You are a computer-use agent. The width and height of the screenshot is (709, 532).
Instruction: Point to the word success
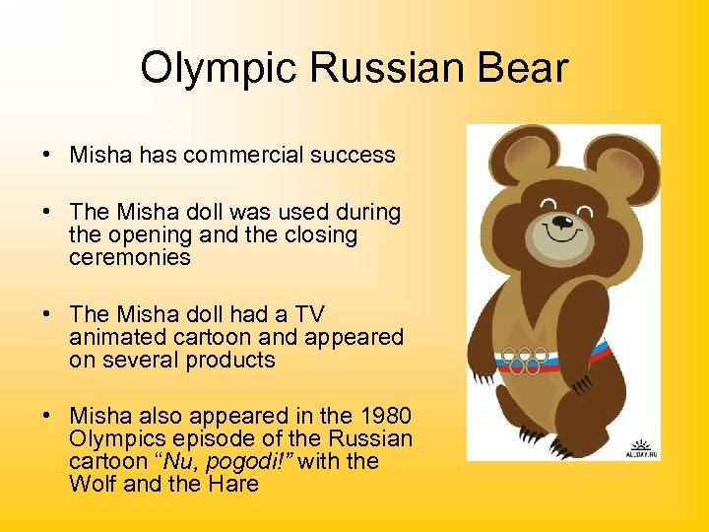tap(351, 155)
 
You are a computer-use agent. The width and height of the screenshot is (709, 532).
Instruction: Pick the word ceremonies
tap(129, 257)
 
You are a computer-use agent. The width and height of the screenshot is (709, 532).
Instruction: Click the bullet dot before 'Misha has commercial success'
tap(47, 156)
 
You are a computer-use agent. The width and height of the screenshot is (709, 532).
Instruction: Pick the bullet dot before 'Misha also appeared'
tap(47, 417)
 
